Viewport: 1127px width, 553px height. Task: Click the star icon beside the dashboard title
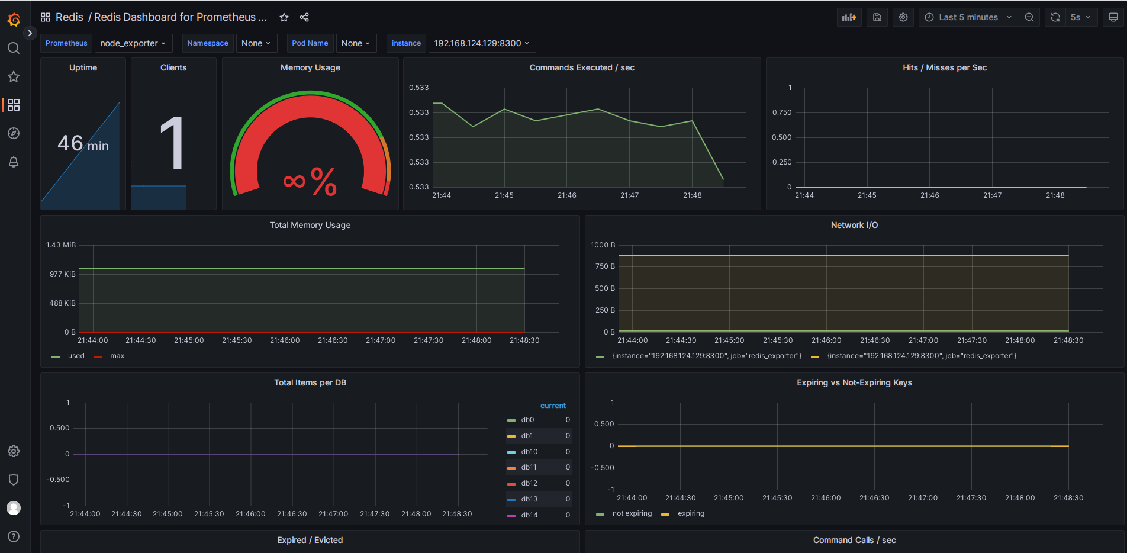click(x=284, y=17)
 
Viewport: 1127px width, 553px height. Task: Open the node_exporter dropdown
click(x=133, y=43)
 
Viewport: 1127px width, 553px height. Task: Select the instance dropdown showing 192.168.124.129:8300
click(x=481, y=43)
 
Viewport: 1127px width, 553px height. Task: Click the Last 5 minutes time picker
click(x=968, y=17)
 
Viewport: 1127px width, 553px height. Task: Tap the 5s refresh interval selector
click(x=1080, y=17)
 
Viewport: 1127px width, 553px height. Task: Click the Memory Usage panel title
click(x=310, y=67)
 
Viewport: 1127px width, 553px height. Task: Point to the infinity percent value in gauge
click(x=310, y=181)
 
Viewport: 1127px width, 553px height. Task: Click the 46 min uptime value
click(x=83, y=143)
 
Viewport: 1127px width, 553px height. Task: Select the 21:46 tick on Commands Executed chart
click(x=566, y=195)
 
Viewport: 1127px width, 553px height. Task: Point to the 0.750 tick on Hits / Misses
click(x=781, y=112)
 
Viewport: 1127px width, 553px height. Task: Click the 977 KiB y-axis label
click(x=62, y=274)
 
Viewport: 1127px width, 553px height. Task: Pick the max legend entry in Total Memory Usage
click(x=117, y=356)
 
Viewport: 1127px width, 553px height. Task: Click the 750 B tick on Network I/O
click(x=605, y=266)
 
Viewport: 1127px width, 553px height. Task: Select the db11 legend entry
click(x=529, y=467)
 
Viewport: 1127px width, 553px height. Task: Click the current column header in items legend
click(x=553, y=406)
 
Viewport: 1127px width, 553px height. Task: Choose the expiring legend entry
click(x=691, y=513)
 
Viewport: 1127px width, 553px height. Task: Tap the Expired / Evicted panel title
click(x=310, y=540)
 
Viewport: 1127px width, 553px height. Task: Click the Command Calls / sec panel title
click(x=854, y=540)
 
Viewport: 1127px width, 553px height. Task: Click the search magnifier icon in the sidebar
click(x=14, y=48)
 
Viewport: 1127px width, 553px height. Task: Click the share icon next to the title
click(x=304, y=17)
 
